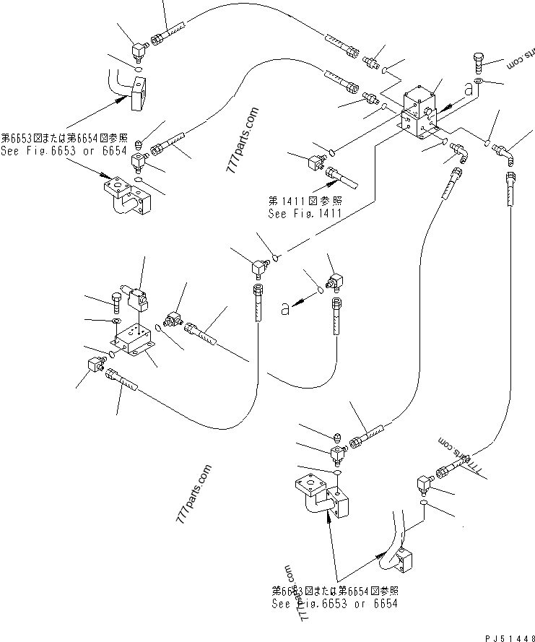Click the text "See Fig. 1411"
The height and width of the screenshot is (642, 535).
click(x=303, y=214)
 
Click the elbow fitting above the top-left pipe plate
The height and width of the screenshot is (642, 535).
click(x=137, y=49)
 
